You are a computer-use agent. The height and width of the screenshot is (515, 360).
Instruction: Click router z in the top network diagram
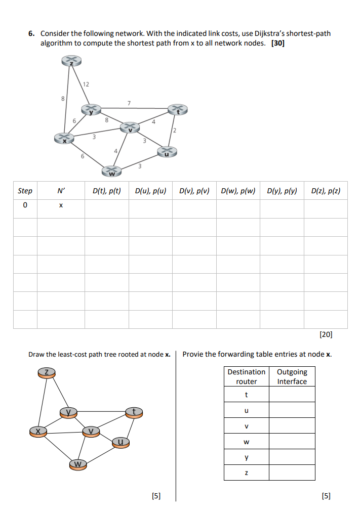coord(71,61)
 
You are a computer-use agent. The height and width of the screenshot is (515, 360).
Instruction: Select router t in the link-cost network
coord(177,110)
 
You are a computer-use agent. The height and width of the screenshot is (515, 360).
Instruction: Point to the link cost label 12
coord(86,84)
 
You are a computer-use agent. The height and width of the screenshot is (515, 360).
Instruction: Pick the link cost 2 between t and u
coord(175,131)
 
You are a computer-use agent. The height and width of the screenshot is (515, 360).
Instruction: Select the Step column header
coord(25,191)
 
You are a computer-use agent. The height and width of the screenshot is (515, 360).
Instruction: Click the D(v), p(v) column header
coord(194,191)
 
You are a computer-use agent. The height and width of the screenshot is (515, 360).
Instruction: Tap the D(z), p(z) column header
coord(326,191)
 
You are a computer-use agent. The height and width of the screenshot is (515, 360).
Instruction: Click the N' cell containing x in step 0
coord(61,206)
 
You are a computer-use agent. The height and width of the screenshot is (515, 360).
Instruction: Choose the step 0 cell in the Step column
coord(25,206)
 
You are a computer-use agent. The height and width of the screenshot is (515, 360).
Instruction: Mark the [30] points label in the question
coord(278,43)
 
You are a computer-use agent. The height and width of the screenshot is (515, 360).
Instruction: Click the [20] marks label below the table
coord(326,334)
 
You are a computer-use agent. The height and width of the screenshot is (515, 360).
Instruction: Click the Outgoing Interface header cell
coord(292,376)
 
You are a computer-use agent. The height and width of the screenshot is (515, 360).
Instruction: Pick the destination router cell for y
coord(246,457)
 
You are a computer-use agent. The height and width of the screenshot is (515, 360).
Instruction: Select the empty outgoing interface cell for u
coord(292,410)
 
